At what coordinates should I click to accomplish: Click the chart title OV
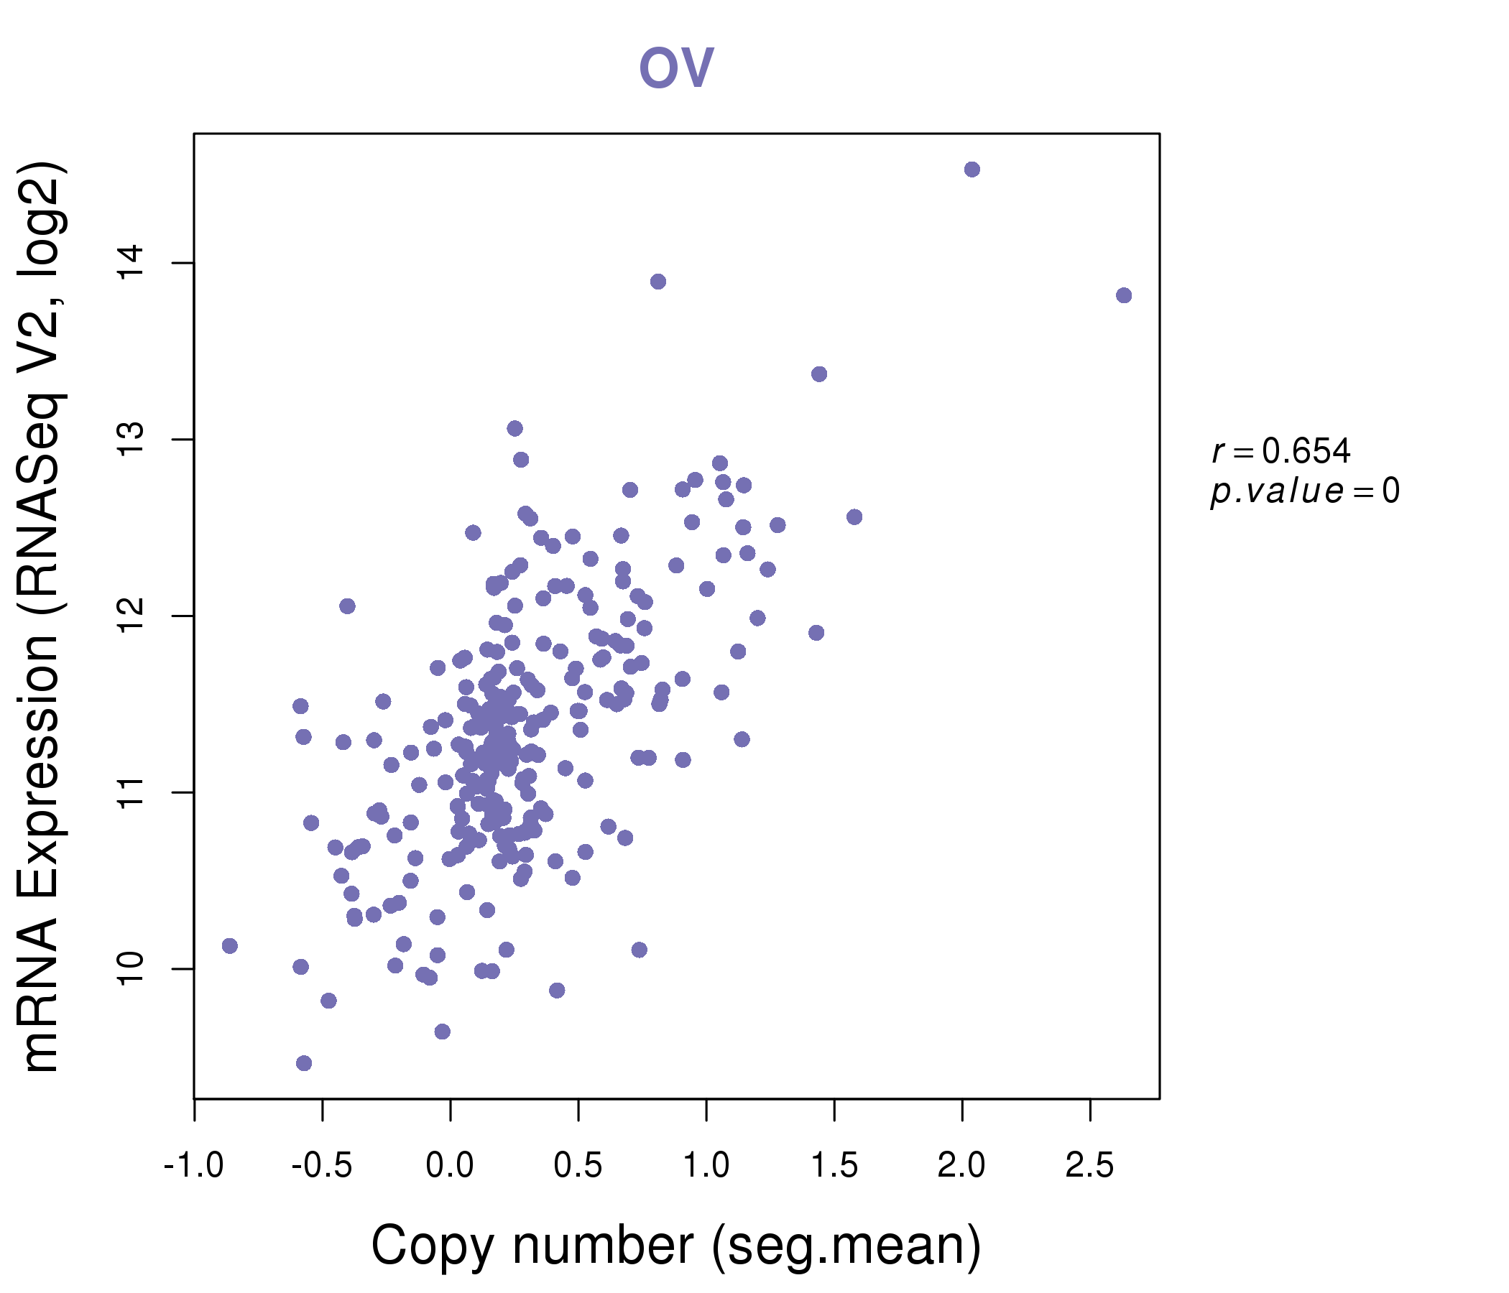coord(676,68)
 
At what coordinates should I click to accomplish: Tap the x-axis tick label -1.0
coord(194,1165)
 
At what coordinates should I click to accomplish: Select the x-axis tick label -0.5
coord(322,1165)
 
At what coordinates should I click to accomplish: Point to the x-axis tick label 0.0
coord(450,1165)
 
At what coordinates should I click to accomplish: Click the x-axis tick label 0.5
coord(578,1165)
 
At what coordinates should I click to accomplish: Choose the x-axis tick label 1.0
coord(706,1165)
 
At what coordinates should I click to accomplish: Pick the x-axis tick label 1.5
coord(834,1165)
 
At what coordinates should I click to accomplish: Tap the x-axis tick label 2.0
coord(962,1165)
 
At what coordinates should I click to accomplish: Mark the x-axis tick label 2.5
coord(1090,1165)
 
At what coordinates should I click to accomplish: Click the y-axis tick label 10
coord(132,968)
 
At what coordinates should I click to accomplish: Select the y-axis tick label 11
coord(132,792)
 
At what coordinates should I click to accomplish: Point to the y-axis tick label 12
coord(132,616)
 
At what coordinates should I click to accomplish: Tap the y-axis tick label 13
coord(132,439)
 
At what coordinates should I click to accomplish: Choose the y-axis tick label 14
coord(132,263)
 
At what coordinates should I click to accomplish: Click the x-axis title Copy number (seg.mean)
coord(676,1246)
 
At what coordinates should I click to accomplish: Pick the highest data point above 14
coord(972,170)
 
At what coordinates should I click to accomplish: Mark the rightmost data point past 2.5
coord(1124,295)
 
